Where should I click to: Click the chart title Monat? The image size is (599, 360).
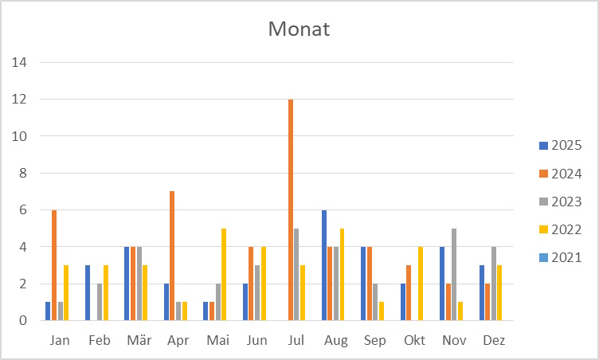point(299,29)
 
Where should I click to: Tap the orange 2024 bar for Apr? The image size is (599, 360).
point(172,256)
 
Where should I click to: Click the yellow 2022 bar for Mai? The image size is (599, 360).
point(224,274)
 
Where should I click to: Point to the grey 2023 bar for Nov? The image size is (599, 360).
point(454,274)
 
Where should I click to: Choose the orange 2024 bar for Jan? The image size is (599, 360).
point(54,265)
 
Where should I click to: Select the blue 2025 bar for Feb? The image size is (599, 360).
point(88,292)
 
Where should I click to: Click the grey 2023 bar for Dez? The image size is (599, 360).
point(493,284)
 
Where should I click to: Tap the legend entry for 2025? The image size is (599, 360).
point(561,146)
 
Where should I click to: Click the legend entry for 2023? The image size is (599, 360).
point(561,202)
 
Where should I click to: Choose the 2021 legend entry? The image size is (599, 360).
point(561,257)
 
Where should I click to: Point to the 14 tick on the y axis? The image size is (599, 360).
point(18,62)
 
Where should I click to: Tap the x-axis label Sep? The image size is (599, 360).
point(375,341)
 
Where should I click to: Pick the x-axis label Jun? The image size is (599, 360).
point(257,341)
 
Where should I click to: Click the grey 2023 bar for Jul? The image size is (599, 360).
point(297,274)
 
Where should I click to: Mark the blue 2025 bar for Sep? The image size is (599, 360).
point(363,284)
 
